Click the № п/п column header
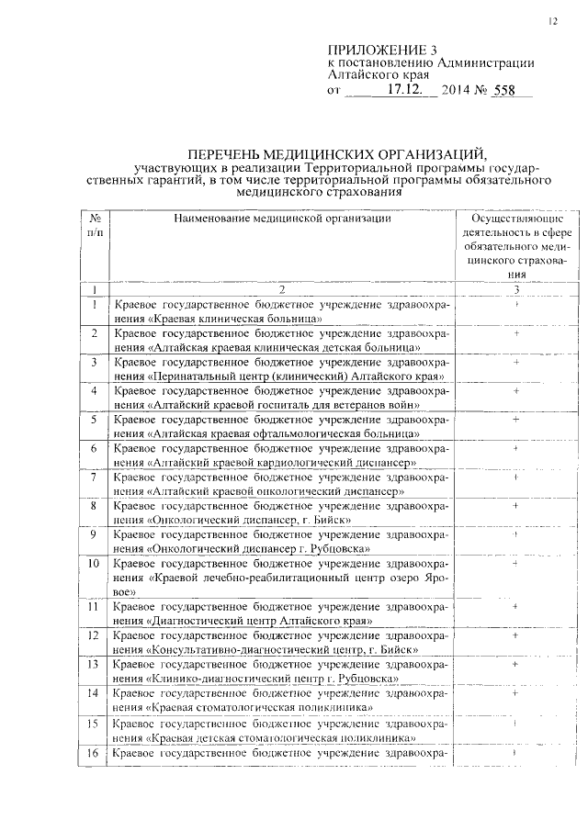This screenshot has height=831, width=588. click(x=96, y=226)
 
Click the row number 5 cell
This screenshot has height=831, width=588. click(x=96, y=420)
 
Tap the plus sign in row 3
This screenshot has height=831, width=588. click(x=516, y=362)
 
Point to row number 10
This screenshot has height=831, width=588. click(x=96, y=562)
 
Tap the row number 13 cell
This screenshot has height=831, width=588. click(x=96, y=664)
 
